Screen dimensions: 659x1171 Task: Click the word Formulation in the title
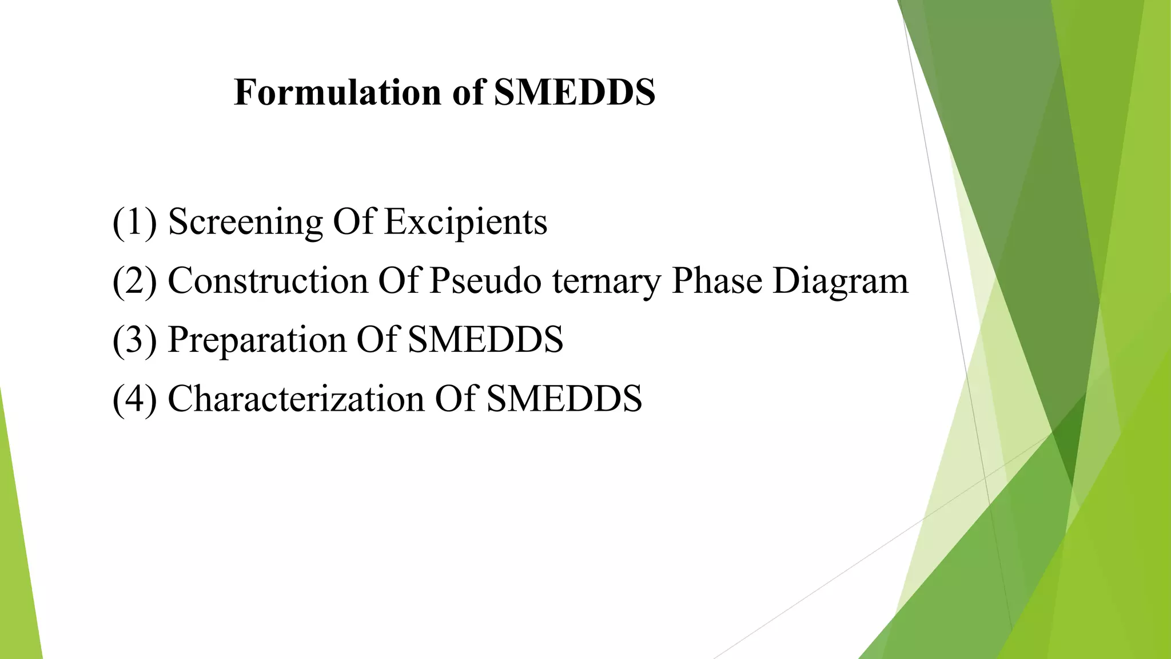(338, 92)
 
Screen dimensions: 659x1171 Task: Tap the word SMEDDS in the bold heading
(575, 92)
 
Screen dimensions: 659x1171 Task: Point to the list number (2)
(134, 281)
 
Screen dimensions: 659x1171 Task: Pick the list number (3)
(134, 340)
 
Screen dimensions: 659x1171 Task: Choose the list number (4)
(134, 399)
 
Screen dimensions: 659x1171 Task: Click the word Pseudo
(485, 281)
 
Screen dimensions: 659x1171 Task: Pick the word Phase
(716, 281)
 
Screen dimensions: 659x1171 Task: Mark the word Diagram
(840, 282)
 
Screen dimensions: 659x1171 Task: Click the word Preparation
(257, 340)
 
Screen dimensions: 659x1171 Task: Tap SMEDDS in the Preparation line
(485, 340)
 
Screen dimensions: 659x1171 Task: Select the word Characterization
(296, 399)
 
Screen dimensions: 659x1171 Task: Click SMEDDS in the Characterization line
(564, 399)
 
